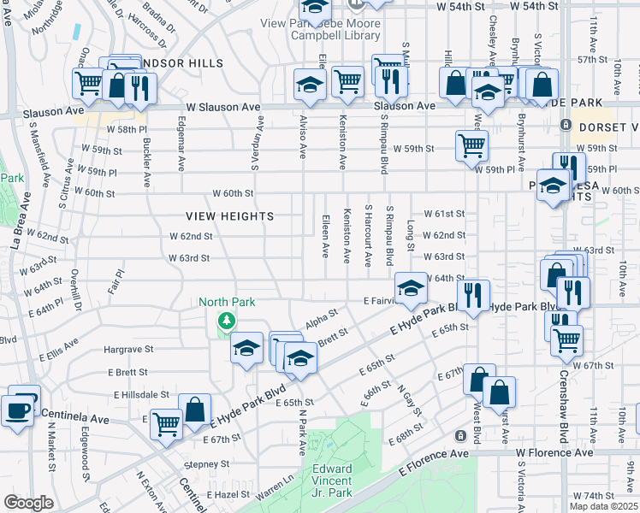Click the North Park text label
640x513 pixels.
(x=227, y=302)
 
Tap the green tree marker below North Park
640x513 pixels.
(x=227, y=321)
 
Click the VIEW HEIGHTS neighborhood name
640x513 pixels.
(x=231, y=216)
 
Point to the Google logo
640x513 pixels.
(x=28, y=502)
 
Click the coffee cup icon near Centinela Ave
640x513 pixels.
(x=19, y=410)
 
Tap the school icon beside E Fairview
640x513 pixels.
(x=411, y=287)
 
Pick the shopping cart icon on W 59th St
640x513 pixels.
(x=471, y=144)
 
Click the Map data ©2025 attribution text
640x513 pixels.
(x=603, y=505)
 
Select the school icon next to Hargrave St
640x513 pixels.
(x=246, y=347)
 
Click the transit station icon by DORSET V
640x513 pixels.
(x=565, y=125)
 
